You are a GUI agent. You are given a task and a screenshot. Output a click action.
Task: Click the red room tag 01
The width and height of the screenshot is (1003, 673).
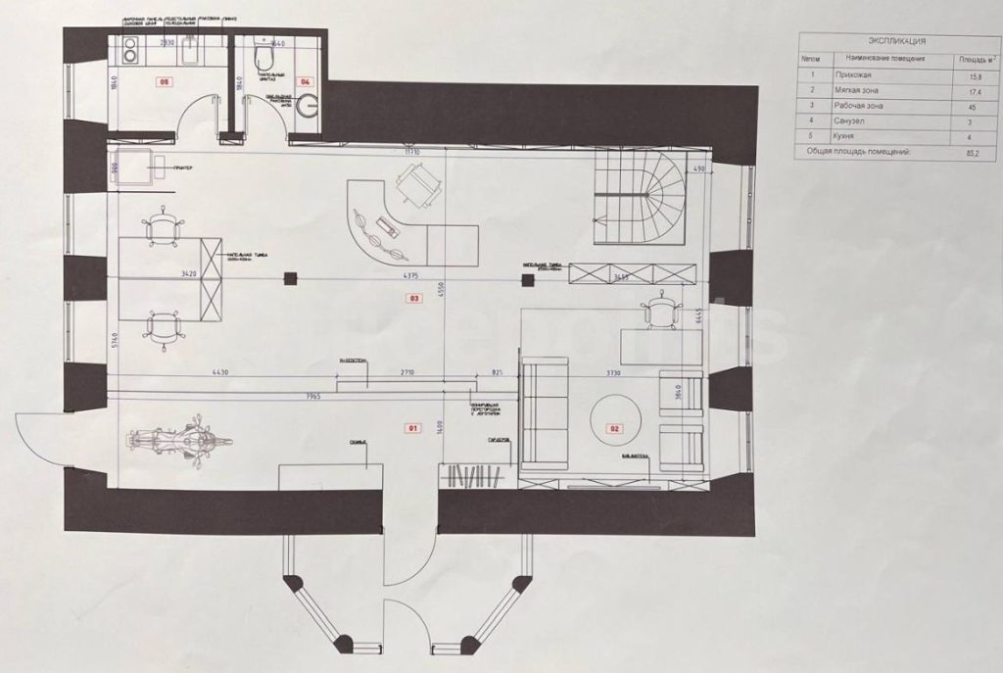(411, 428)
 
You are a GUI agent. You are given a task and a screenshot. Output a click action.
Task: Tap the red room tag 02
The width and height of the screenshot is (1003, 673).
(616, 428)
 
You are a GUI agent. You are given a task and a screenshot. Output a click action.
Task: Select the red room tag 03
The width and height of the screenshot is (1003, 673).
(414, 298)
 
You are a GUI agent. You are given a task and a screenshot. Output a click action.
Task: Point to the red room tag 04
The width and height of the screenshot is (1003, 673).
(306, 82)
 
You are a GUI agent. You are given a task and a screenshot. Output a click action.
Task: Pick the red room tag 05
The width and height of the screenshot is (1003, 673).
(166, 82)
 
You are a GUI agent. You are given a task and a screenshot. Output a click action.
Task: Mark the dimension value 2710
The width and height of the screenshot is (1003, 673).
(406, 373)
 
